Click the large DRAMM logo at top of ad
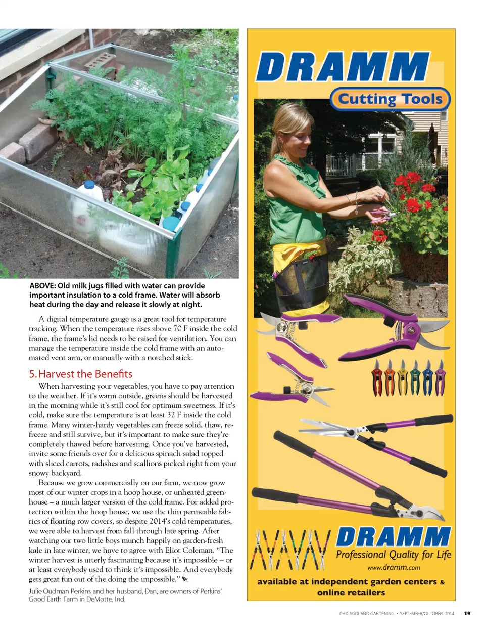pos(343,67)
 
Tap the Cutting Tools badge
pos(390,99)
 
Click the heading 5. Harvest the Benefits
pos(80,374)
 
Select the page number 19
pos(467,613)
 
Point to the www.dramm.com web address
pos(393,567)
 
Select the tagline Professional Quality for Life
pos(394,555)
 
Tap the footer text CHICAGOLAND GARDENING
pos(366,613)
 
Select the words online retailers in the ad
pos(351,592)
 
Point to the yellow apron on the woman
pos(293,253)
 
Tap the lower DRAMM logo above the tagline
pos(393,536)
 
